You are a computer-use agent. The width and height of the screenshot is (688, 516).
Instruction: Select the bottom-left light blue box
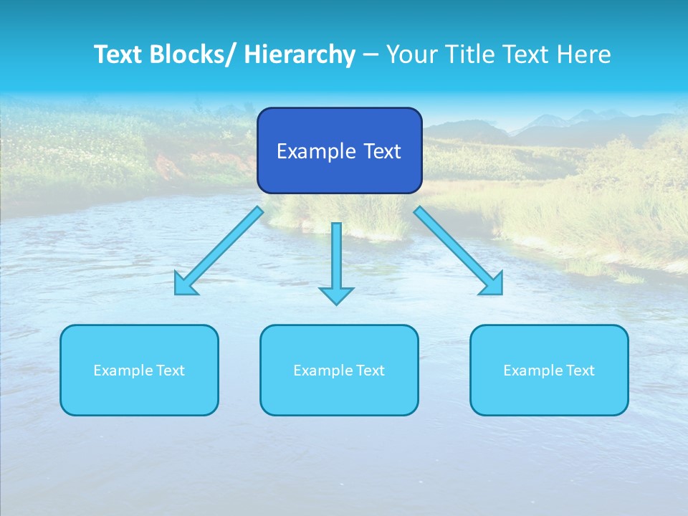click(x=139, y=391)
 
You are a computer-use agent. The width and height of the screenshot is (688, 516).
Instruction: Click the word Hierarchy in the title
click(x=300, y=54)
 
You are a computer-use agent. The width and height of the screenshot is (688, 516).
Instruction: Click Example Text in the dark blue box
click(x=339, y=151)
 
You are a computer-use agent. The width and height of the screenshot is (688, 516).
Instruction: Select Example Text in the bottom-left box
click(x=139, y=371)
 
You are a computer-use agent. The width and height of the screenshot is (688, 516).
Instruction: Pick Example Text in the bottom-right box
click(x=549, y=371)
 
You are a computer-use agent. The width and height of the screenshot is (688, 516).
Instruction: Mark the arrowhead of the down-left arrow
click(x=185, y=285)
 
